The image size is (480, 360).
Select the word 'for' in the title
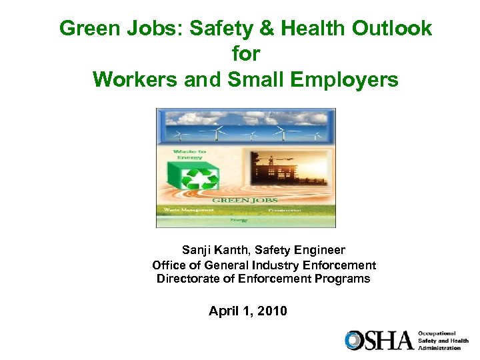[245, 54]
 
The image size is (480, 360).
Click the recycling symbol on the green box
[197, 180]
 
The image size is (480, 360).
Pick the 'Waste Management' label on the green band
[185, 209]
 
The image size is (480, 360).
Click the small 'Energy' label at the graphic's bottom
[238, 219]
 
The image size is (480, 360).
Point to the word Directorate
[189, 279]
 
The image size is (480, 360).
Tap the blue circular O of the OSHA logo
[354, 340]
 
